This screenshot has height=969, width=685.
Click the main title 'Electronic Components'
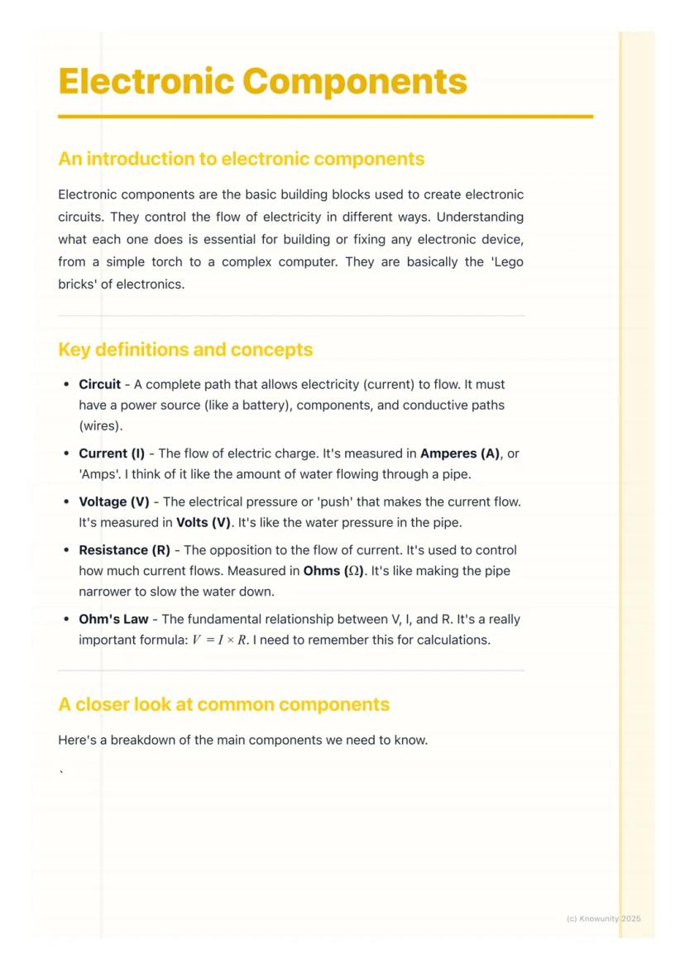[x=262, y=82]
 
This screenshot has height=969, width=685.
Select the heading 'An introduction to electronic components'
[x=241, y=159]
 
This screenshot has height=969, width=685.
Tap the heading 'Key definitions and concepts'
[x=185, y=349]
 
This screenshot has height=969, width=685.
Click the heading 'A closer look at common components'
[x=223, y=704]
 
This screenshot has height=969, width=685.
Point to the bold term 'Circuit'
[x=99, y=385]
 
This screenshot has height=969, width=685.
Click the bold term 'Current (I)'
[x=112, y=453]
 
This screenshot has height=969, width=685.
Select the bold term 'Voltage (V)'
[x=114, y=502]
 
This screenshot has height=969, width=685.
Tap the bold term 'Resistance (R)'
[x=124, y=550]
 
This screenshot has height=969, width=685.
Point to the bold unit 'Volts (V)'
[x=204, y=523]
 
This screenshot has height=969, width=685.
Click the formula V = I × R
[x=219, y=640]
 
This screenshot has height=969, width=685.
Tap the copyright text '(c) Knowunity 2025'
[x=603, y=919]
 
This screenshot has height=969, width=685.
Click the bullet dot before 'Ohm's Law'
[x=66, y=620]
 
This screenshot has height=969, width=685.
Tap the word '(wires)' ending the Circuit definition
[x=101, y=426]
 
